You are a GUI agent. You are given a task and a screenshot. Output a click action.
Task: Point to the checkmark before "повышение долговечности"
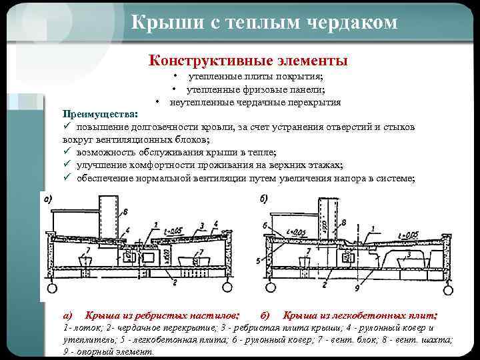tap(67, 127)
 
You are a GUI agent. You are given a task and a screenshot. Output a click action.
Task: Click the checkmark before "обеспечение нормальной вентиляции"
tap(67, 177)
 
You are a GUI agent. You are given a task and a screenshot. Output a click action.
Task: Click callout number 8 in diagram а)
tap(126, 212)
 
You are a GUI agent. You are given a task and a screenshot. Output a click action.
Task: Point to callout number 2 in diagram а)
tap(175, 282)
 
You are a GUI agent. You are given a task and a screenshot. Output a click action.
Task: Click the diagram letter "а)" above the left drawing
tap(47, 199)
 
